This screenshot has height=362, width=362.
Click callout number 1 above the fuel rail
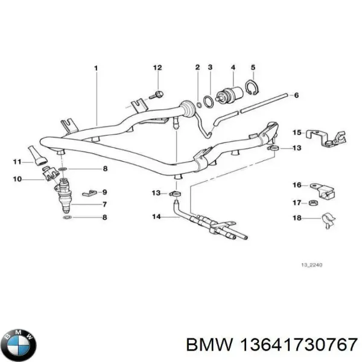click(96, 68)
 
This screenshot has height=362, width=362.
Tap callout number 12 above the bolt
click(157, 68)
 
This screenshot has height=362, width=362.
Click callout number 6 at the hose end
click(295, 95)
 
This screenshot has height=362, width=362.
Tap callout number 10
click(18, 179)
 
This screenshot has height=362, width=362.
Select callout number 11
click(18, 162)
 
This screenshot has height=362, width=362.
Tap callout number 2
click(197, 68)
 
